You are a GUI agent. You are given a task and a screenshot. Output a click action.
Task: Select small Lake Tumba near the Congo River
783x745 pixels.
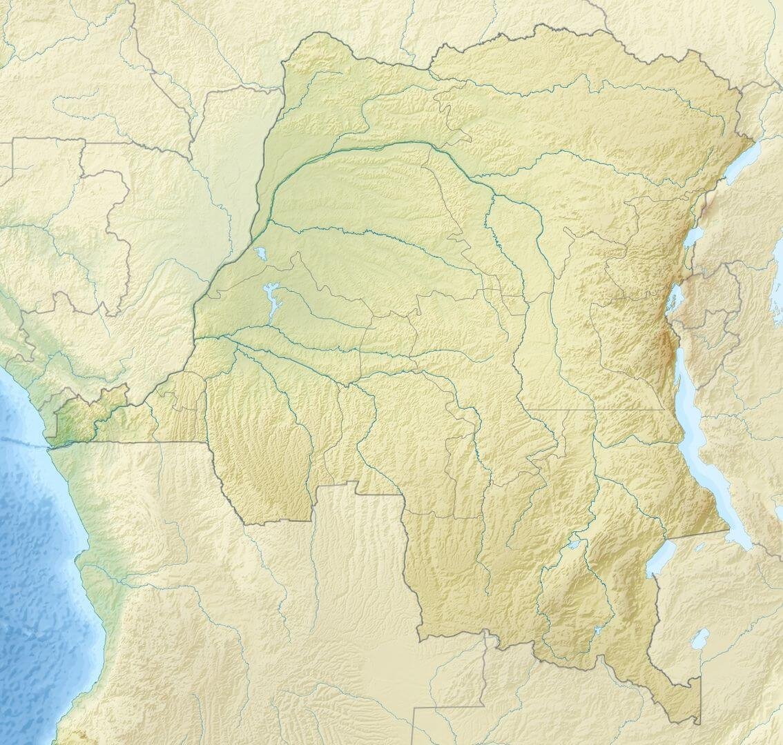tap(260, 253)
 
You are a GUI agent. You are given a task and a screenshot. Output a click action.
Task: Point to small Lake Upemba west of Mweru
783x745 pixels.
tap(574, 545)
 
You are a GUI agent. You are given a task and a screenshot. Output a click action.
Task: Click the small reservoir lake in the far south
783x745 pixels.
tap(598, 630)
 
